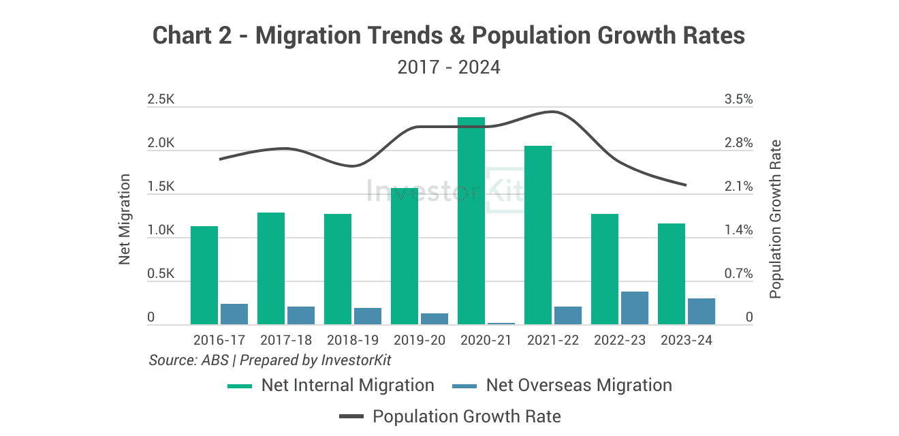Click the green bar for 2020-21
point(471,221)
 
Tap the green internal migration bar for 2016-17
point(204,275)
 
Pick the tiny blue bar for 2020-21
point(501,323)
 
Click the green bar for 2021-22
point(537,235)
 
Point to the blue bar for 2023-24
point(701,311)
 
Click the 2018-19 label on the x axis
point(353,340)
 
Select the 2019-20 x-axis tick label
point(420,340)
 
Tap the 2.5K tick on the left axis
point(161,99)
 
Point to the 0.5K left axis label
point(161,274)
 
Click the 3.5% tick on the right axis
point(739,99)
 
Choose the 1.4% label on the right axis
point(739,230)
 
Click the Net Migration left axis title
point(125,219)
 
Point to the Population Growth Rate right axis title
point(775,219)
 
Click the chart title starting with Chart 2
point(449,35)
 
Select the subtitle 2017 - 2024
point(449,67)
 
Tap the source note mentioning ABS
point(270,360)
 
